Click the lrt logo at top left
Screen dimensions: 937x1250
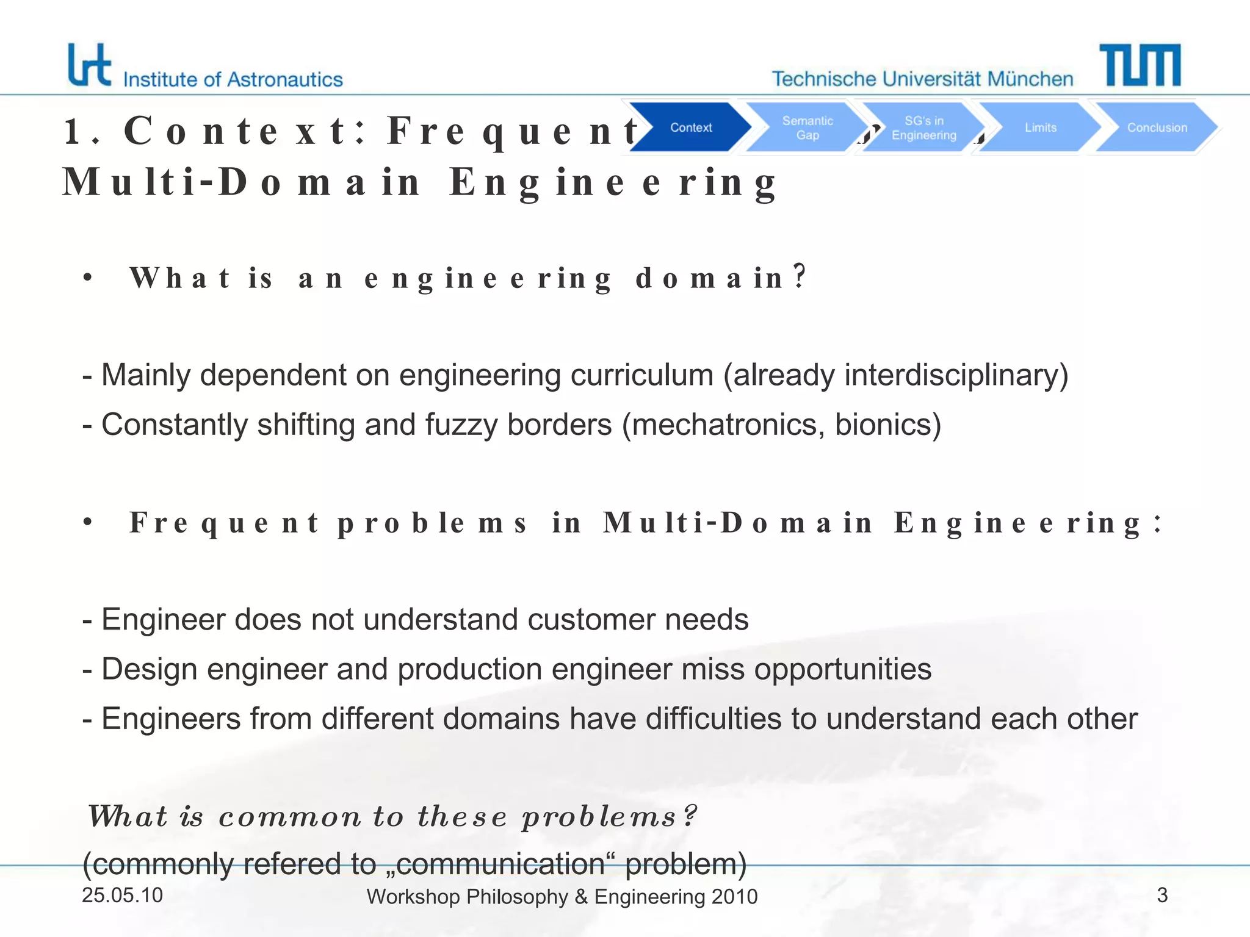click(89, 65)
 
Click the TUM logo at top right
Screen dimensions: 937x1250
click(1140, 65)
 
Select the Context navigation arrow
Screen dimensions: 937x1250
click(690, 127)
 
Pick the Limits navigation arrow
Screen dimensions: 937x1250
click(1040, 127)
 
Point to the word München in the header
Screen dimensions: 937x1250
click(1030, 79)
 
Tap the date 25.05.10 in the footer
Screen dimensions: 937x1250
click(122, 895)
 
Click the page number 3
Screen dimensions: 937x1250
click(1162, 895)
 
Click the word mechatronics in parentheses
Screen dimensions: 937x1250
click(727, 425)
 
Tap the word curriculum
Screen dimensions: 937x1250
click(642, 375)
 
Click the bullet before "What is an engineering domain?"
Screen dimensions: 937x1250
click(88, 278)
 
